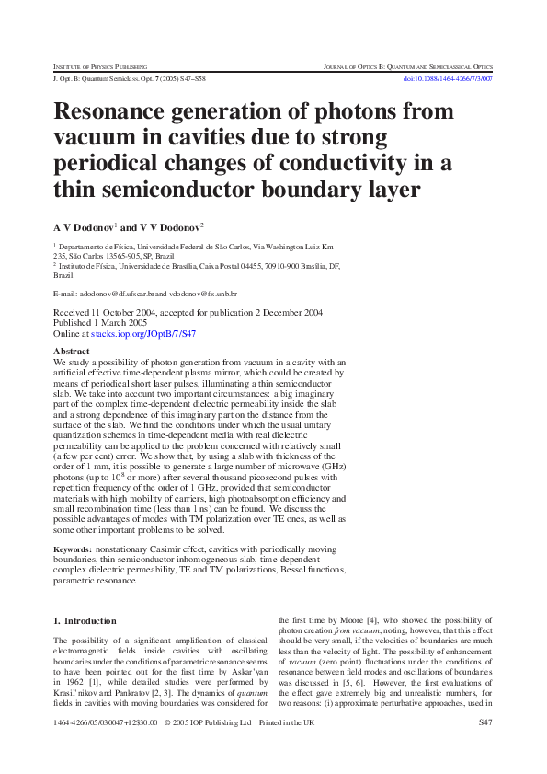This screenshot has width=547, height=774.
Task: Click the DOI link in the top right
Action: pyautogui.click(x=449, y=79)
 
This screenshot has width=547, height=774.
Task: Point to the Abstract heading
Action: pyautogui.click(x=71, y=352)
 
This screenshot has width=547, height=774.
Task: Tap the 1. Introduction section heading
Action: pyautogui.click(x=85, y=621)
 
